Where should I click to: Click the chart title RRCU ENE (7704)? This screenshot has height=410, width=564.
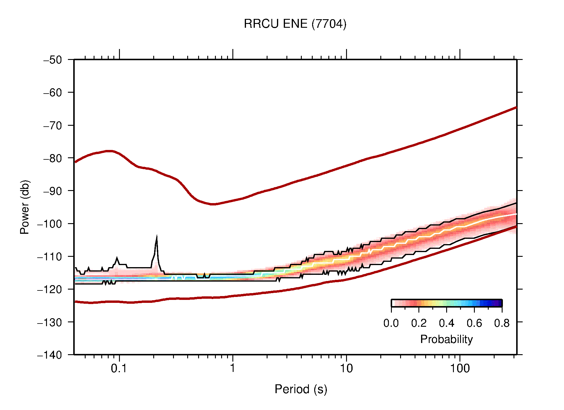pyautogui.click(x=295, y=24)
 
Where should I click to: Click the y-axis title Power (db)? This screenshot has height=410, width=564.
pyautogui.click(x=25, y=207)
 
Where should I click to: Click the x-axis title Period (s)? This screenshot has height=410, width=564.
pyautogui.click(x=301, y=389)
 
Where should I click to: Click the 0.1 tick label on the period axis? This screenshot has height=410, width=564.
pyautogui.click(x=119, y=368)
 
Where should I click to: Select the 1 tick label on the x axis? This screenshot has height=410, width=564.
pyautogui.click(x=233, y=368)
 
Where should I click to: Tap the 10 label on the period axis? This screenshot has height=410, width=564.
pyautogui.click(x=346, y=368)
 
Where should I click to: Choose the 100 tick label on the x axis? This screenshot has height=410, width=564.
pyautogui.click(x=459, y=368)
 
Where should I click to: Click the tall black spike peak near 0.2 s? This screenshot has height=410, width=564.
pyautogui.click(x=157, y=237)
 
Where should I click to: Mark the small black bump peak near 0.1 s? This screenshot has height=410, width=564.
pyautogui.click(x=117, y=258)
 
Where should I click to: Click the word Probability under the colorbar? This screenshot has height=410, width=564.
pyautogui.click(x=446, y=339)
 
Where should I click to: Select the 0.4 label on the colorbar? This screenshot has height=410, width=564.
pyautogui.click(x=446, y=323)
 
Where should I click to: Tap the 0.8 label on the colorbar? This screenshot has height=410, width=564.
pyautogui.click(x=502, y=323)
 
